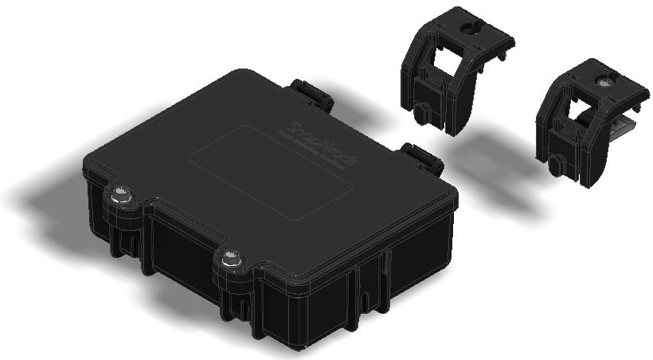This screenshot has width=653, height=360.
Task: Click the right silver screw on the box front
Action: tap(231, 258)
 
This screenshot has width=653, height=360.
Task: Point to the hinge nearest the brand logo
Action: tap(422, 157)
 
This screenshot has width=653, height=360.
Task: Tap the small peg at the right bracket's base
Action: tap(554, 166)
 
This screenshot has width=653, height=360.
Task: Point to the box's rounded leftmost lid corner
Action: tap(90, 167)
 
